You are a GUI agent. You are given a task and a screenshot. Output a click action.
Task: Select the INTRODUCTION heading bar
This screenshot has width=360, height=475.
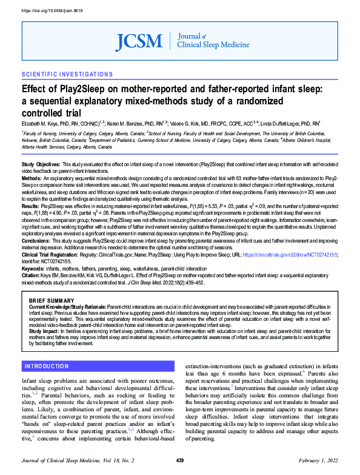point(47,366)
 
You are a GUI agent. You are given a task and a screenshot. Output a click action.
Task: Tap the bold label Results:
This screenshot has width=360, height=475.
point(31,190)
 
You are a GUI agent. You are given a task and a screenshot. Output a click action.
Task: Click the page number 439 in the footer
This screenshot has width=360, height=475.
point(180,462)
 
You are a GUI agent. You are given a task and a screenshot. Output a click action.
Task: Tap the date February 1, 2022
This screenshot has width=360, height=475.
point(318,462)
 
